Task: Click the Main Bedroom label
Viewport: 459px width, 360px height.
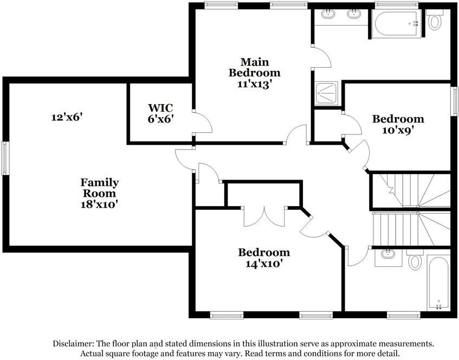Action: [254, 72]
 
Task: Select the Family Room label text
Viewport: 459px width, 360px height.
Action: [100, 192]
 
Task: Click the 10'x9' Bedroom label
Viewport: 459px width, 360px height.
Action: [398, 124]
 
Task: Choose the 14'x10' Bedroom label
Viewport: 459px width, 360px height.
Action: [264, 258]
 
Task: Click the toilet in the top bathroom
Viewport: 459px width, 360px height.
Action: [435, 21]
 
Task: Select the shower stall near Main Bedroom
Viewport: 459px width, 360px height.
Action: [327, 93]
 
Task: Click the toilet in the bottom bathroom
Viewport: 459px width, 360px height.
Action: [415, 260]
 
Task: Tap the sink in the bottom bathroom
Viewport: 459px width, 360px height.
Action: [388, 254]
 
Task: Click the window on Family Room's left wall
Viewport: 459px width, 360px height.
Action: [5, 158]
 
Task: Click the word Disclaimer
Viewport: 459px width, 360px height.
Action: [74, 344]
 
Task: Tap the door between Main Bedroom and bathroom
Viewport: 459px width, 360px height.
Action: [321, 56]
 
